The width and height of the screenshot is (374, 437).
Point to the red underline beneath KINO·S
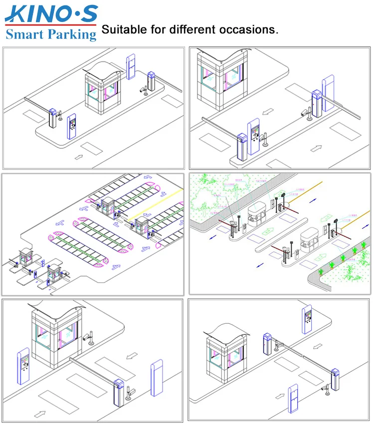point(50,24)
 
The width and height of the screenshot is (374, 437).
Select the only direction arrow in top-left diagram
point(79,157)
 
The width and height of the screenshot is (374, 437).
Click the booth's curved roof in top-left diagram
point(104,69)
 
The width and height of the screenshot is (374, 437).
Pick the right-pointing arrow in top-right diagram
point(316,148)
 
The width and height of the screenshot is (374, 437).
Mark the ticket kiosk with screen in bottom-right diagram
point(307,319)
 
